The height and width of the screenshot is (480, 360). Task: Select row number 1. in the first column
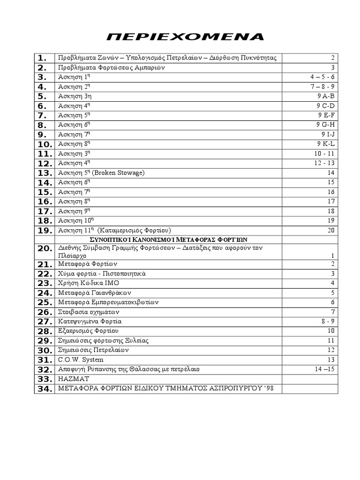43,58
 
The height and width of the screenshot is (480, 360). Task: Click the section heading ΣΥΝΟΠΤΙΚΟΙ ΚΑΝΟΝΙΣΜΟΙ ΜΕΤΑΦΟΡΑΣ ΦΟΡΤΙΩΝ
168,239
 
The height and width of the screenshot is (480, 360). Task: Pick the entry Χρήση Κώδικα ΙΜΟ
84,283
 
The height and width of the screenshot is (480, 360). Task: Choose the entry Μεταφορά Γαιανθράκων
90,293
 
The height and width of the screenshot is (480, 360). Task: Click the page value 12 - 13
324,163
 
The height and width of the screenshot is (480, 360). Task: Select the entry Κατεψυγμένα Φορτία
90,322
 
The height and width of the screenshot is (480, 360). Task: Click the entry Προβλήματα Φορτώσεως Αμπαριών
110,67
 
